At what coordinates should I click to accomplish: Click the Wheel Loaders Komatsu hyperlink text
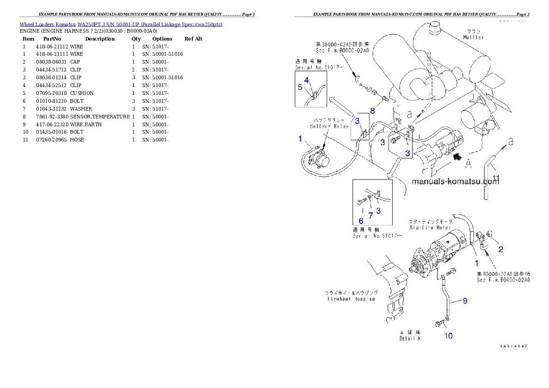coord(121,24)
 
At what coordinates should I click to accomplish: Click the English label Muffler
coord(473,37)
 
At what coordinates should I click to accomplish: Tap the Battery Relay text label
coord(329,126)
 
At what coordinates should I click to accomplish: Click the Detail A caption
coord(410,338)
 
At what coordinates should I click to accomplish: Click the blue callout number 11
coord(495,178)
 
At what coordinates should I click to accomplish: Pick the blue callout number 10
coord(448,335)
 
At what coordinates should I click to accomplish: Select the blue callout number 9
coord(465,301)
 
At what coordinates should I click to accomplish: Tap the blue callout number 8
coord(372,111)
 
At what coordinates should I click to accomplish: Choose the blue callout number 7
coord(370,214)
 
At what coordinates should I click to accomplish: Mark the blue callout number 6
coord(361,221)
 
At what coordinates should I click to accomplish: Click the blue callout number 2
coord(500,249)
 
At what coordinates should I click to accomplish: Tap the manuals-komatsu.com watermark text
coord(455,182)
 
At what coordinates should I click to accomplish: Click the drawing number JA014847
coord(513,346)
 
